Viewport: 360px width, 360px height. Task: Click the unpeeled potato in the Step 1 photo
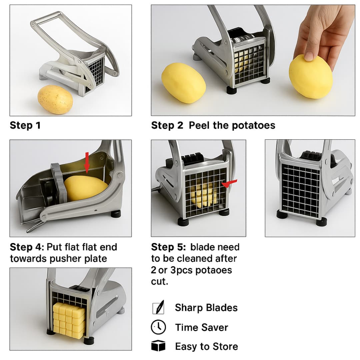(x=55, y=99)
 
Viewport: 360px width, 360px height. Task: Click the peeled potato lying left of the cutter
(x=184, y=83)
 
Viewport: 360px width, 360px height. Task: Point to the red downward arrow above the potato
(x=87, y=162)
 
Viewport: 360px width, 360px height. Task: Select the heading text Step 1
(x=25, y=125)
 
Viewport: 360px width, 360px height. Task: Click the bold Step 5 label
(x=168, y=247)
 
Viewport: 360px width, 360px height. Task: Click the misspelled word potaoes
(x=213, y=270)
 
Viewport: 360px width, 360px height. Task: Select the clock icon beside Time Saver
(x=158, y=327)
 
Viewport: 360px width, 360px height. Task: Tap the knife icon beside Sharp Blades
(x=158, y=307)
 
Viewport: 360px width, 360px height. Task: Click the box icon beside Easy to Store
(x=158, y=346)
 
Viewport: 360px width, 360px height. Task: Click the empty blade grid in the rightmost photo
(x=301, y=190)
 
